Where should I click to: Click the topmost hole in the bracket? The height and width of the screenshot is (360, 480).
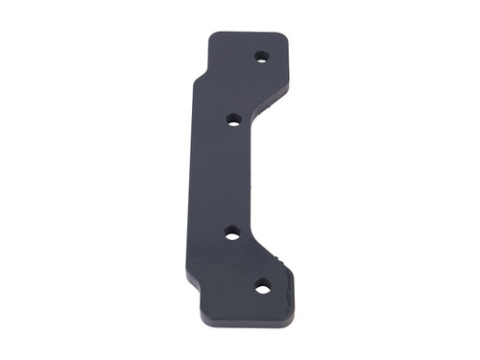[261, 57]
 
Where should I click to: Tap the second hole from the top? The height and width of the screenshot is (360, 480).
[233, 120]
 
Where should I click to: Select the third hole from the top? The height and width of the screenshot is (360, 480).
[232, 232]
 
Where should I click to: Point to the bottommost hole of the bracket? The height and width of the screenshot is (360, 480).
[262, 286]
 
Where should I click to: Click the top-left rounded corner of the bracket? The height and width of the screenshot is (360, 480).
[213, 37]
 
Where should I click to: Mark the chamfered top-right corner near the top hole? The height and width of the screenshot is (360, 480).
[282, 39]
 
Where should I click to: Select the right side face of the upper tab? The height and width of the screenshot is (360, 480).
[288, 67]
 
